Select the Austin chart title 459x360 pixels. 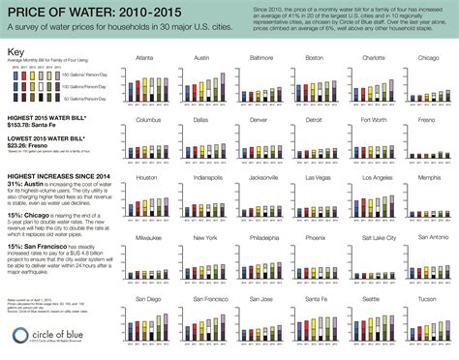click(205, 58)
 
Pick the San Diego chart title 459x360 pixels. click(149, 299)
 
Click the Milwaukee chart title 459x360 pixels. click(149, 237)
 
